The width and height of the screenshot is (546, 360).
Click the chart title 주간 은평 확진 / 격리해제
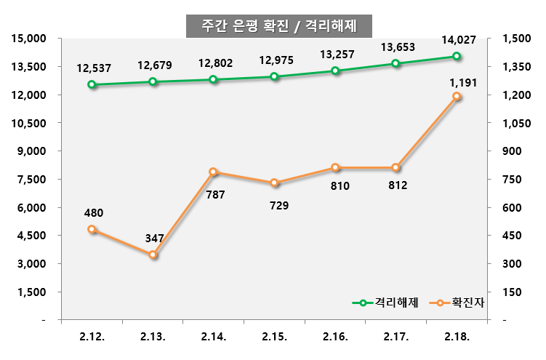(x=278, y=25)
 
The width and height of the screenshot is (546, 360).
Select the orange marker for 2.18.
(x=457, y=96)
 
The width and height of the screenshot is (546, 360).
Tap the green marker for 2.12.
(x=92, y=84)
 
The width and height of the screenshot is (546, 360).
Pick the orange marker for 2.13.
(x=153, y=255)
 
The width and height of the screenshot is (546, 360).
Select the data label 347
(x=154, y=238)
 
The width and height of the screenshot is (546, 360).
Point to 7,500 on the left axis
(x=30, y=180)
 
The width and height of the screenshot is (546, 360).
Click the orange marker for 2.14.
(x=213, y=172)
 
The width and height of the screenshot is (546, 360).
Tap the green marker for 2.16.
(x=335, y=71)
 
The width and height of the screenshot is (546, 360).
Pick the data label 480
(x=94, y=213)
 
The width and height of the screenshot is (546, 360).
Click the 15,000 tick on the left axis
(x=27, y=39)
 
